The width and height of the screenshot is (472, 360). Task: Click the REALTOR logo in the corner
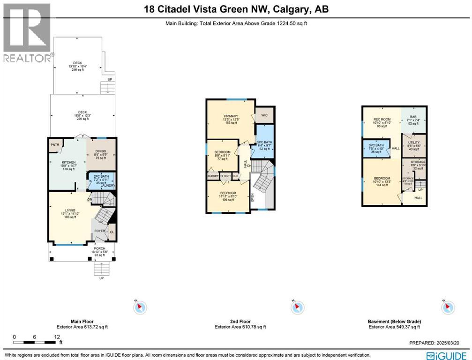click(x=26, y=33)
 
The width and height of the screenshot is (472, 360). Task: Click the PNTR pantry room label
click(x=54, y=145)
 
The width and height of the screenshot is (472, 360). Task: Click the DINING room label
click(x=101, y=151)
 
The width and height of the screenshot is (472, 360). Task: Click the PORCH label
click(x=98, y=248)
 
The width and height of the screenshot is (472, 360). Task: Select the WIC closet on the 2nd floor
click(x=264, y=114)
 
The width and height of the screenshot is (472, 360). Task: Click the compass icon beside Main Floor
click(x=140, y=307)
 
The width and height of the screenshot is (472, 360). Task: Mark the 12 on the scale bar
click(x=57, y=337)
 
